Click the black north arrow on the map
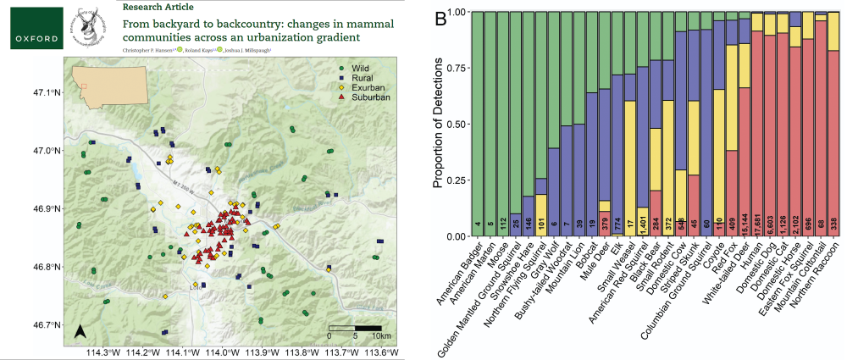coord(80,331)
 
